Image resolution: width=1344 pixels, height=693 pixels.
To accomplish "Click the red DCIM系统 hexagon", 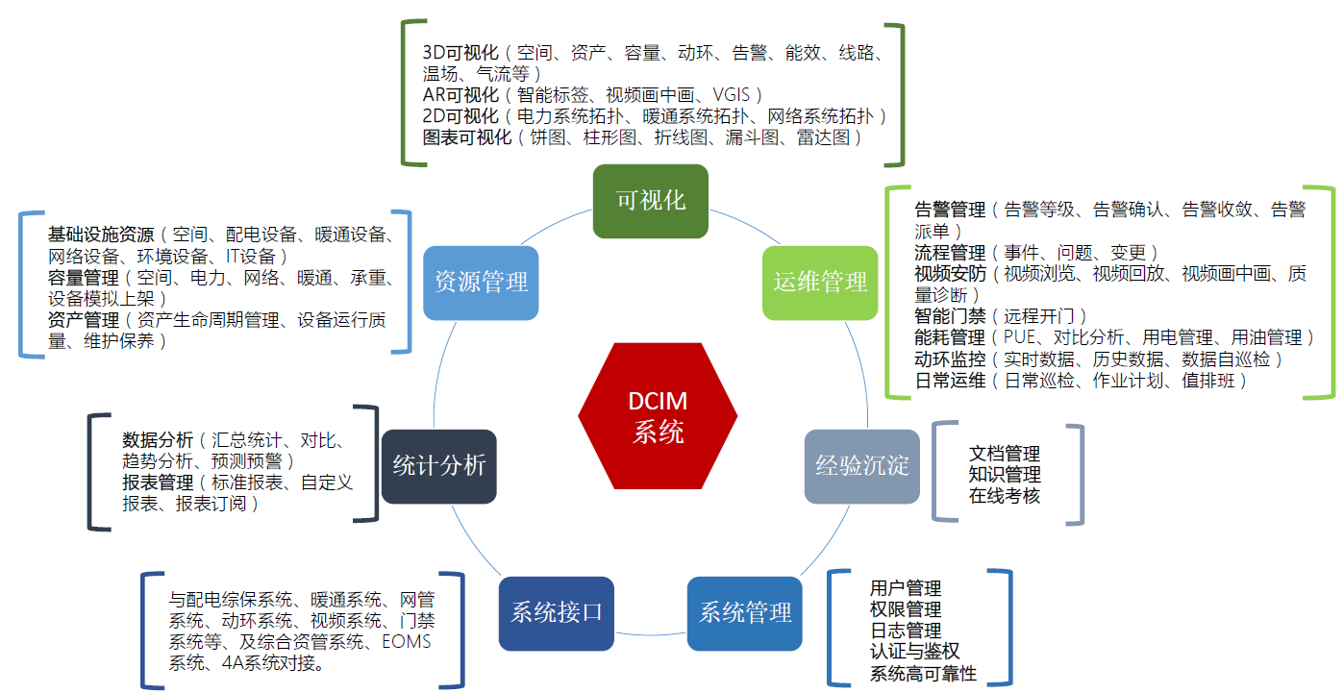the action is pyautogui.click(x=658, y=416).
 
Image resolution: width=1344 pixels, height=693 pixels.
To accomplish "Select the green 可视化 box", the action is pyautogui.click(x=651, y=201).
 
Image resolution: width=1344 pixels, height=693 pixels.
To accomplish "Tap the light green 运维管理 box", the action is pyautogui.click(x=820, y=283).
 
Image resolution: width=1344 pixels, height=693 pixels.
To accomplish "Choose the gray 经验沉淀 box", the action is pyautogui.click(x=861, y=466).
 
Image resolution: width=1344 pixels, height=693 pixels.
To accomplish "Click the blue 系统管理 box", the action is pyautogui.click(x=745, y=613).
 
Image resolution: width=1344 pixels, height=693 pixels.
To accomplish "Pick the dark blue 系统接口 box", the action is pyautogui.click(x=557, y=613).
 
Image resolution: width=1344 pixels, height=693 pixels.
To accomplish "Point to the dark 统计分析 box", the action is pyautogui.click(x=438, y=466).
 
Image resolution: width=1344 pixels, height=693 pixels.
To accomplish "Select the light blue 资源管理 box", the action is pyautogui.click(x=481, y=283).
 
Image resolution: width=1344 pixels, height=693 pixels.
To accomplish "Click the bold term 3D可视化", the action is pyautogui.click(x=460, y=53).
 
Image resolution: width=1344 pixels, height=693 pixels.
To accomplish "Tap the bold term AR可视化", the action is pyautogui.click(x=460, y=95).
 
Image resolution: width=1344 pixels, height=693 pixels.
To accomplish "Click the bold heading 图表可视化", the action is pyautogui.click(x=467, y=137).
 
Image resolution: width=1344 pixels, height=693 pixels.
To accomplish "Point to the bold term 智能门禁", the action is pyautogui.click(x=950, y=315).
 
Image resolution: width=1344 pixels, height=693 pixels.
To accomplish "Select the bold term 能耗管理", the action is pyautogui.click(x=950, y=337).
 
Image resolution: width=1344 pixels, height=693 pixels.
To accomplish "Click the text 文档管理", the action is pyautogui.click(x=1005, y=453).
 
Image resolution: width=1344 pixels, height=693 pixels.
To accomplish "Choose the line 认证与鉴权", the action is pyautogui.click(x=914, y=651).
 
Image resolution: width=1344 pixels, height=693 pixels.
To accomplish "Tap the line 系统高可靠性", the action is pyautogui.click(x=924, y=673).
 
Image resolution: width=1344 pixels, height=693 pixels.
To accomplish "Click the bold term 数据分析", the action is pyautogui.click(x=158, y=440).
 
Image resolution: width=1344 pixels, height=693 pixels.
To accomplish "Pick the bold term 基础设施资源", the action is pyautogui.click(x=101, y=234).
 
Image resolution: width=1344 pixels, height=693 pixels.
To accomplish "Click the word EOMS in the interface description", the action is pyautogui.click(x=407, y=641).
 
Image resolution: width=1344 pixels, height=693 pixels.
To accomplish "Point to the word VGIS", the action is pyautogui.click(x=732, y=95).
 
